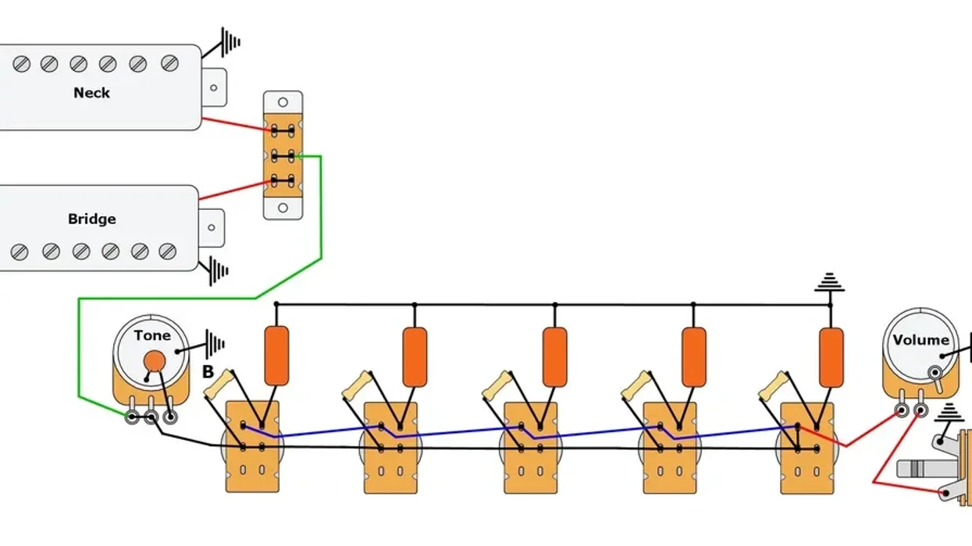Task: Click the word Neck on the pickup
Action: click(91, 93)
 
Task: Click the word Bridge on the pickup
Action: click(91, 219)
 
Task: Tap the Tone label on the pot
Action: click(151, 336)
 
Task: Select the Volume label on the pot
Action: click(921, 340)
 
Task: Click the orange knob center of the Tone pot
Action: click(155, 360)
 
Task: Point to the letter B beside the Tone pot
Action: click(208, 373)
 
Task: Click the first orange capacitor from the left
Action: click(276, 356)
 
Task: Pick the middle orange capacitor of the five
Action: click(554, 356)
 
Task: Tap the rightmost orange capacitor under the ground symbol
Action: click(831, 356)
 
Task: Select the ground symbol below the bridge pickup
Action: click(218, 271)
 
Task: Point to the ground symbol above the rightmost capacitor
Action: click(829, 283)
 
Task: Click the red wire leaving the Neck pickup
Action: click(234, 126)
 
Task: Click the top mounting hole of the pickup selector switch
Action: click(283, 102)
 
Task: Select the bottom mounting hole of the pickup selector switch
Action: click(283, 208)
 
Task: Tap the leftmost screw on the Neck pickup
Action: click(21, 64)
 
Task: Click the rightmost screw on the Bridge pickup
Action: click(168, 251)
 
